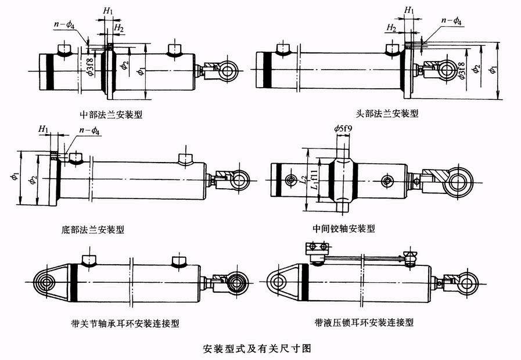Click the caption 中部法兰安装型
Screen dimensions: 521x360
pos(111,115)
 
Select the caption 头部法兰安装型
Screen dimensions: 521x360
pos(387,114)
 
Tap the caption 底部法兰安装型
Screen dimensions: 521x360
pos(93,229)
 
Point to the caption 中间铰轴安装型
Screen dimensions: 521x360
pos(344,229)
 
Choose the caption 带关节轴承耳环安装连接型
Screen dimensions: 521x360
pos(125,323)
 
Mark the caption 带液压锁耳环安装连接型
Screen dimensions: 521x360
pos(364,322)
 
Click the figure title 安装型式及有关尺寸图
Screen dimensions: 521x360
pos(257,349)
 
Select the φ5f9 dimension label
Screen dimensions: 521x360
pos(343,128)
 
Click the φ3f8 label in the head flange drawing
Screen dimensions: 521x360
pos(462,70)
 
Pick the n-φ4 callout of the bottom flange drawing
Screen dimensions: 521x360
pos(89,131)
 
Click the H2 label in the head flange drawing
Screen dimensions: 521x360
pos(391,27)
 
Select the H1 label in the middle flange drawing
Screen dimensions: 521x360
pos(108,11)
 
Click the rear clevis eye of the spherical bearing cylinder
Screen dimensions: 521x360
pos(45,283)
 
